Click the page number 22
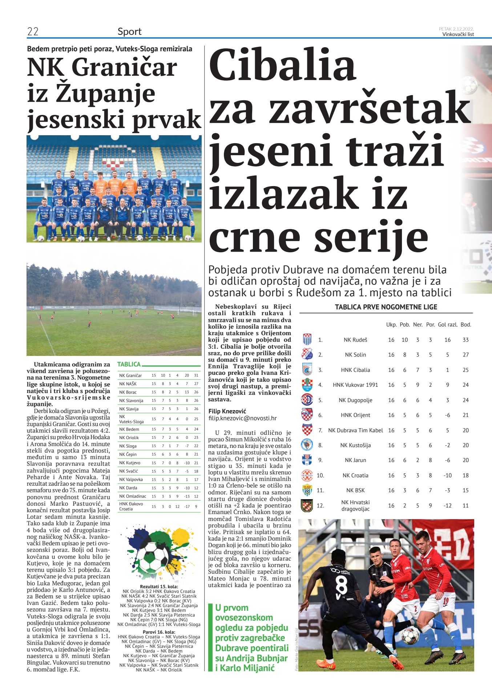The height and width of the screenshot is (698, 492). pos(33,32)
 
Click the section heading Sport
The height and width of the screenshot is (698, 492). pos(129,32)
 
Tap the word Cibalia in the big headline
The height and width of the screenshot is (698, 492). pos(282,65)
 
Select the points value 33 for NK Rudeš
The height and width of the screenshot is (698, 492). pos(465,340)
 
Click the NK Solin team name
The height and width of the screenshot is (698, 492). pos(355,355)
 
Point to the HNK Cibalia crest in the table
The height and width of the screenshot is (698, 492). pos(307,370)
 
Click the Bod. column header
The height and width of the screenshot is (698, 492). pos(465,325)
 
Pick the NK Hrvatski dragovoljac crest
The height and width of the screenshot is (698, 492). pos(307,505)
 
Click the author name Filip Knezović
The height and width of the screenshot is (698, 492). pos(227,411)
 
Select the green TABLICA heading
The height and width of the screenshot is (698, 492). pos(129,364)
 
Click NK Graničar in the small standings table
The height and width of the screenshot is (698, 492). pos(130,375)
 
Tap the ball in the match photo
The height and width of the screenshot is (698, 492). pos(410,646)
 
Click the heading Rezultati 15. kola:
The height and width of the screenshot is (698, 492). pos(159,587)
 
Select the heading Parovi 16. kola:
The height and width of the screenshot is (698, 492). pos(159,632)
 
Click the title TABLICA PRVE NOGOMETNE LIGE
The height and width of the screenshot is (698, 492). pos(386,307)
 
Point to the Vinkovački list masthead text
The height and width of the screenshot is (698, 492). pos(458,34)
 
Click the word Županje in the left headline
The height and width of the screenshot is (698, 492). pos(105,94)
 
